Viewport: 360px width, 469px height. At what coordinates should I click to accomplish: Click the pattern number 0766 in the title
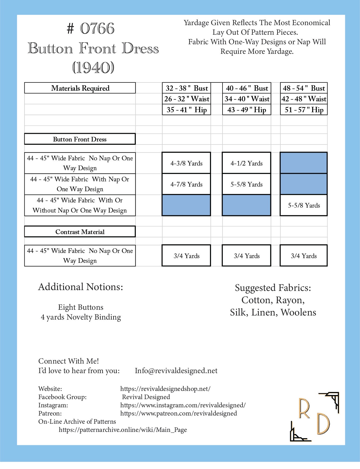point(97,29)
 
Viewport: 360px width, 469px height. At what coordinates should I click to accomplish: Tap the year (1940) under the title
point(93,67)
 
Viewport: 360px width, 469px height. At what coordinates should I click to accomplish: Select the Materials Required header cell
point(80,88)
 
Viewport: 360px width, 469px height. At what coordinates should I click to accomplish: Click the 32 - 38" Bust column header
point(186,88)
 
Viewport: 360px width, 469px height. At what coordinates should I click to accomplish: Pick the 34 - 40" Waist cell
point(247,99)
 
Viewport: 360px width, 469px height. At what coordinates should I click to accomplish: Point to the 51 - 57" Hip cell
point(304,110)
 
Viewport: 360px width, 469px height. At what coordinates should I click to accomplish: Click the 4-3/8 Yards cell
point(186,163)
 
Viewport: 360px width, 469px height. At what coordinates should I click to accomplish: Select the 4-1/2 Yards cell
point(247,163)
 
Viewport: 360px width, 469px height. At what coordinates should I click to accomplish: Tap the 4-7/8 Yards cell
point(186,184)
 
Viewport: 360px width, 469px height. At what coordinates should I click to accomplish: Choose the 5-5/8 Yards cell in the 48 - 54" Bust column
point(304,205)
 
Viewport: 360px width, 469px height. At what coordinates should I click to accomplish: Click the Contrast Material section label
point(80,232)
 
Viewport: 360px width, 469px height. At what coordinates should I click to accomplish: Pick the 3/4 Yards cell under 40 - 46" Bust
point(247,256)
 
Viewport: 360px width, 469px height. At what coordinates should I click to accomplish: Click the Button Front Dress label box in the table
point(80,139)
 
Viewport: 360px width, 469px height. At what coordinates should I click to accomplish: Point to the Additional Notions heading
point(81,287)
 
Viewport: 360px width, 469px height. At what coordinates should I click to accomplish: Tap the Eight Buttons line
point(81,307)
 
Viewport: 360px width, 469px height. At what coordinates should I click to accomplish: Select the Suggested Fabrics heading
point(273,288)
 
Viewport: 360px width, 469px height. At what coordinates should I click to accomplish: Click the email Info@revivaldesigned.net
point(176,371)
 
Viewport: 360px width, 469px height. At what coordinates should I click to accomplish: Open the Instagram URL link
point(183,405)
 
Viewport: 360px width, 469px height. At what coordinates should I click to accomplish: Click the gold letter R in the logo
point(304,409)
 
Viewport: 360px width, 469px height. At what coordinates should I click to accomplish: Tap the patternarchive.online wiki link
point(123,430)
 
